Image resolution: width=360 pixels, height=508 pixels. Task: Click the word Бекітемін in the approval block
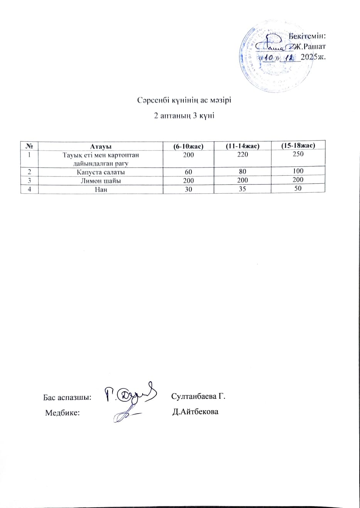[308, 36]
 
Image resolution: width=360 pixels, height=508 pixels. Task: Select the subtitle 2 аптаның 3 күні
[184, 116]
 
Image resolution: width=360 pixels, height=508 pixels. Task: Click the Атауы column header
[101, 146]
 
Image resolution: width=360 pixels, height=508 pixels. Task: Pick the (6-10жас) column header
[188, 146]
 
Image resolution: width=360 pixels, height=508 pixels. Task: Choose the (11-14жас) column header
[242, 146]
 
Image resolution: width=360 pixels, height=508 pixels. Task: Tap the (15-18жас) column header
[298, 145]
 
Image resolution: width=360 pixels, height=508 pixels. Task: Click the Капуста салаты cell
[101, 172]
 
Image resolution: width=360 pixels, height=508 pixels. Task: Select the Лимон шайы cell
[101, 181]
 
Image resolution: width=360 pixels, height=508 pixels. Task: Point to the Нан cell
[101, 189]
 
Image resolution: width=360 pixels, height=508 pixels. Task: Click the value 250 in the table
[298, 154]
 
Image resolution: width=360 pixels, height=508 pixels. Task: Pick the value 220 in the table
[242, 154]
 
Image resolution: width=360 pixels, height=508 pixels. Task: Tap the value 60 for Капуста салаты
[188, 172]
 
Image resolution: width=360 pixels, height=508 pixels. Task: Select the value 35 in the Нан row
[242, 189]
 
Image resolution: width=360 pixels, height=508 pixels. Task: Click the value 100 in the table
[298, 171]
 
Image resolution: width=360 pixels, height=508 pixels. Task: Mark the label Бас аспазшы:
[67, 397]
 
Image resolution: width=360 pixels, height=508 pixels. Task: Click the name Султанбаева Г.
[198, 396]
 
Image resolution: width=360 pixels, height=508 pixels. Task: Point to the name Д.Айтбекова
[195, 412]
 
